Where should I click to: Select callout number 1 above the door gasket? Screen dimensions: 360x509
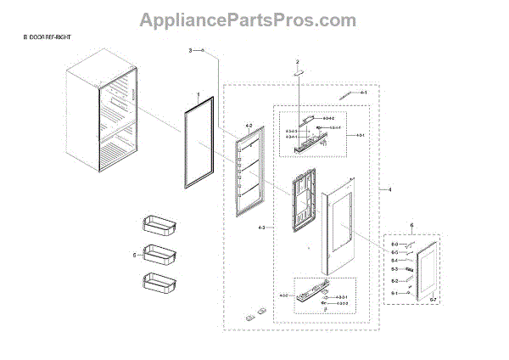click(198, 96)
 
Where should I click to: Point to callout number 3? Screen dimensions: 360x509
click(191, 52)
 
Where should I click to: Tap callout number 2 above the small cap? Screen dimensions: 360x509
click(298, 62)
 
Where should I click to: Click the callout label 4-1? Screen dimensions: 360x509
click(363, 92)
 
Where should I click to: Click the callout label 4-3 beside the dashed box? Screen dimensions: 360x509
click(260, 228)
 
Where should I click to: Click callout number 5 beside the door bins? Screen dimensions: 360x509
click(133, 254)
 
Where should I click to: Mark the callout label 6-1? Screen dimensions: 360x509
click(394, 293)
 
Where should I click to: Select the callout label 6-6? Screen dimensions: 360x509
click(394, 244)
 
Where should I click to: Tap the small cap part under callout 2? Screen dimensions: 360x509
click(298, 74)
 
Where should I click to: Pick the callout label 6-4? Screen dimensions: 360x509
click(394, 261)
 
